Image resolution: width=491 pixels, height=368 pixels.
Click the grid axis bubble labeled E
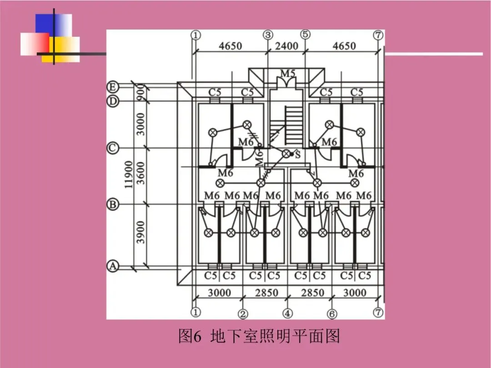coord(113,87)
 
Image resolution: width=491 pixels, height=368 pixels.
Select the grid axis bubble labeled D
coord(113,101)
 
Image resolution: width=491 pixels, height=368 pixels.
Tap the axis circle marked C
coord(113,148)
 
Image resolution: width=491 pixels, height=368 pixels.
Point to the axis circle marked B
coord(113,205)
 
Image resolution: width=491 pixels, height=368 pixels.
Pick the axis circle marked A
coord(113,266)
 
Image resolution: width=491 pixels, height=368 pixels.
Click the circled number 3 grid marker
coord(268,35)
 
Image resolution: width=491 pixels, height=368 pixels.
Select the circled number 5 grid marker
coord(305,35)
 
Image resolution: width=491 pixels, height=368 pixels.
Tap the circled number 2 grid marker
coord(243,314)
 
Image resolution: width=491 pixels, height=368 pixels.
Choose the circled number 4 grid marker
coord(288,314)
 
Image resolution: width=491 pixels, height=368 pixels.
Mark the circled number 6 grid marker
coord(332,314)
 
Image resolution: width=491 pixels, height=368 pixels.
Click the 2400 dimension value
coord(286,46)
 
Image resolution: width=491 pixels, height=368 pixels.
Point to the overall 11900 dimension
coord(129,174)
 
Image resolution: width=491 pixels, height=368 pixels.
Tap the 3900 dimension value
coord(141,232)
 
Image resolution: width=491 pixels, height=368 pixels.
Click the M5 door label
coord(287,73)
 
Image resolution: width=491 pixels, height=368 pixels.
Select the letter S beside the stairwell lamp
coord(298,155)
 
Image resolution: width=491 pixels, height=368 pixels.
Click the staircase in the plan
coord(291,123)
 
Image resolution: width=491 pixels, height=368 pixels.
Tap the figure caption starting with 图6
coord(259,337)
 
